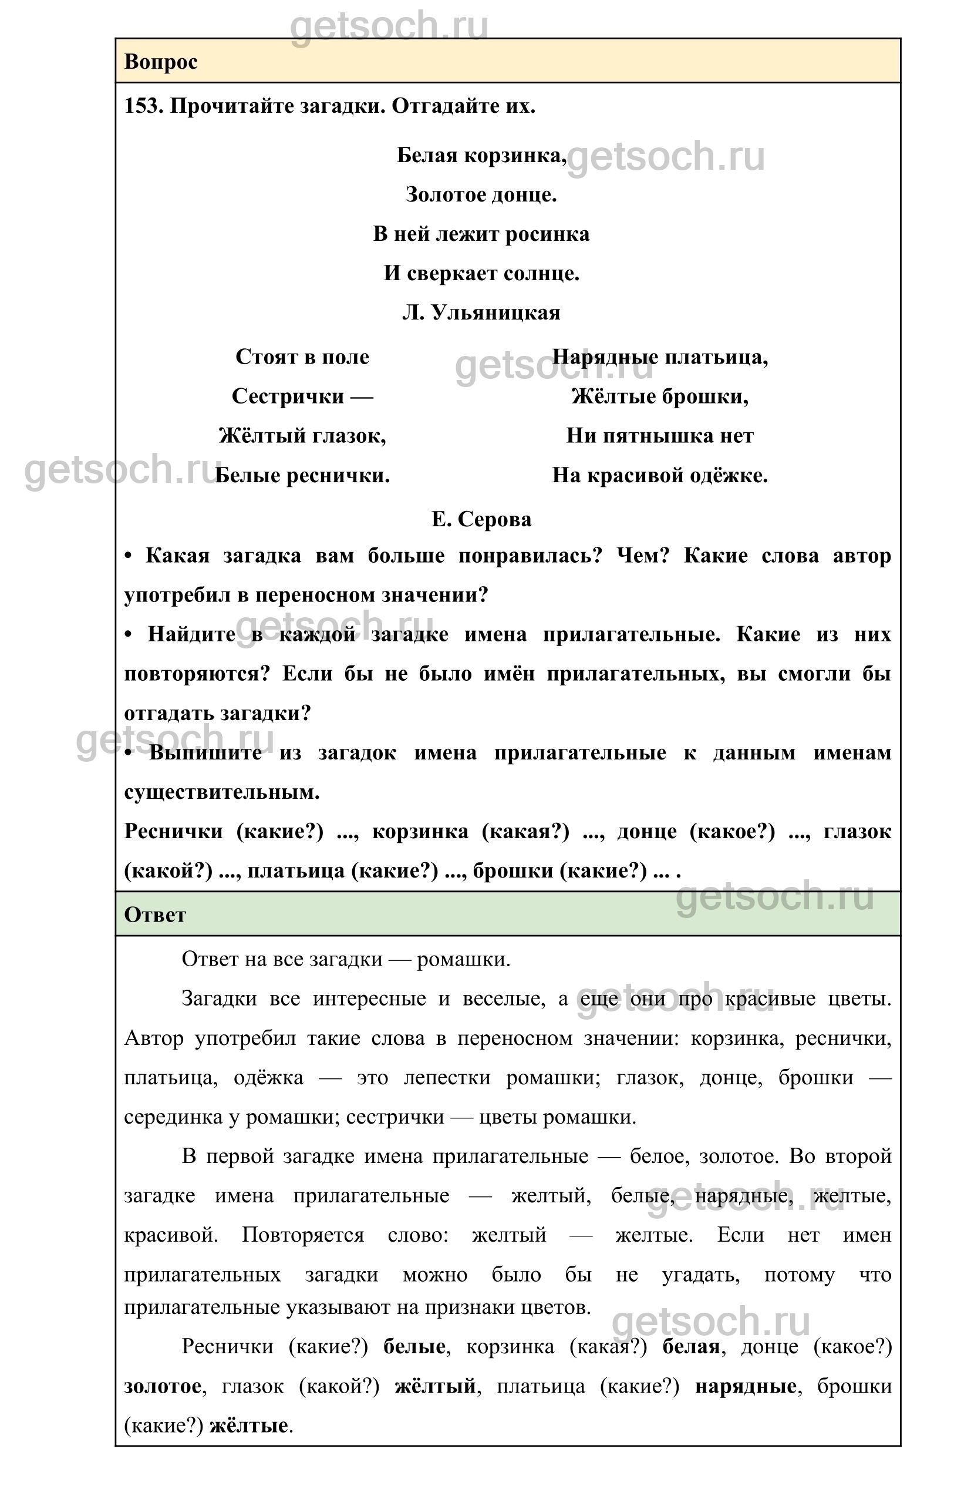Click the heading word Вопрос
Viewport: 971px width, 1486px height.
[161, 62]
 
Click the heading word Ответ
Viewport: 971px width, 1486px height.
[155, 915]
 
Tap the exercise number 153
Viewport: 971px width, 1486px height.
[143, 106]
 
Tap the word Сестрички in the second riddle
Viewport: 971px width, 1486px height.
[288, 396]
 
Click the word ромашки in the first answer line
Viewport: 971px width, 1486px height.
[463, 959]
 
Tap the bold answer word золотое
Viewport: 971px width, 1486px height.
[163, 1387]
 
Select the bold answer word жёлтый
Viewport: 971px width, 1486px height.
[435, 1387]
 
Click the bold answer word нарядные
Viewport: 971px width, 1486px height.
[746, 1387]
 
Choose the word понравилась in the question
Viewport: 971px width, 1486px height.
[531, 555]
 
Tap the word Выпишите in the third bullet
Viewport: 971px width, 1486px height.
[205, 752]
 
